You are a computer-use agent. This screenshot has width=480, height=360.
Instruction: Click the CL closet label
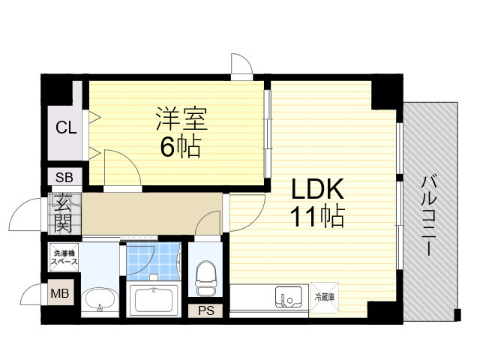coord(66,127)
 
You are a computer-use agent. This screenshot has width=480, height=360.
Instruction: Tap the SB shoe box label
coord(63,178)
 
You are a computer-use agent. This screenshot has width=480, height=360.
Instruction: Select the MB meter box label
coord(59,293)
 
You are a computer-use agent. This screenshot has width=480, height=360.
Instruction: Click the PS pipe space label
coord(205,310)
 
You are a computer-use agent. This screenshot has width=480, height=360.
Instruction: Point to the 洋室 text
coord(181,118)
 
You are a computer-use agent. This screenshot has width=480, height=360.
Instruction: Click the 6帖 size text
coord(180,147)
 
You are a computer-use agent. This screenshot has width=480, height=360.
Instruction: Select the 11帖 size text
coord(318,217)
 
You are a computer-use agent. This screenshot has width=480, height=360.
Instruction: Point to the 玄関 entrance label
coord(62,213)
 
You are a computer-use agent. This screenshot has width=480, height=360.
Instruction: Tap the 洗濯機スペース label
coord(63,258)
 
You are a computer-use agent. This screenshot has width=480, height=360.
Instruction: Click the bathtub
coord(152,301)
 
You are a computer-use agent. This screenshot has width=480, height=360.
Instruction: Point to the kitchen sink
coord(289,297)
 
